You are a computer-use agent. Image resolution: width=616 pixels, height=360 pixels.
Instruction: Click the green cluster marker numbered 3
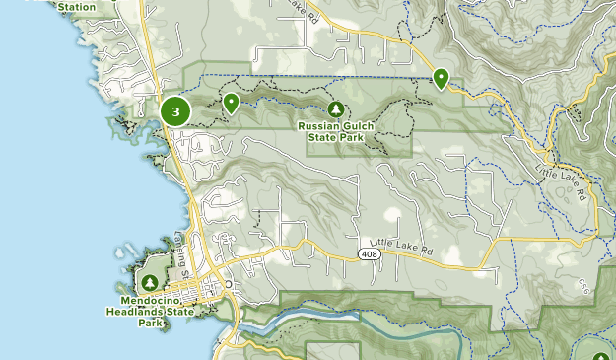(x=175, y=111)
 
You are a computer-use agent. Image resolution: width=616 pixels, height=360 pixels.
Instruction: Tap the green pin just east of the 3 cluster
(x=231, y=102)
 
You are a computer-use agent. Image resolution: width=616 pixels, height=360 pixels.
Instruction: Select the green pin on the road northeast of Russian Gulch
(x=441, y=78)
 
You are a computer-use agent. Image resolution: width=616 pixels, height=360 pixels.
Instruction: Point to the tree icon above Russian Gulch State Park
(x=336, y=108)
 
